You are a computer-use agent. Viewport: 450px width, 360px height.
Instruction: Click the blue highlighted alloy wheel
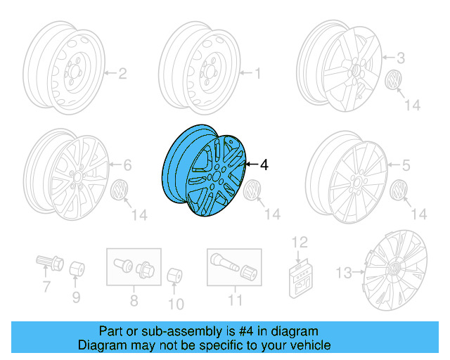coord(204,168)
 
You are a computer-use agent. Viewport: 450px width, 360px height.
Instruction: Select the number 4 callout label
coord(264,165)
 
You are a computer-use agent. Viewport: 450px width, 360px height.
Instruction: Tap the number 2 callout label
coord(121,72)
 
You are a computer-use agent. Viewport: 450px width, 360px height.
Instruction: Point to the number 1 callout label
coord(257,72)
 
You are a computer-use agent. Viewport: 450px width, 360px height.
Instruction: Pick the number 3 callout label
coord(401,58)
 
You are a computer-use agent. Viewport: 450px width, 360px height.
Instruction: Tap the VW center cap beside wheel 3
coord(393,79)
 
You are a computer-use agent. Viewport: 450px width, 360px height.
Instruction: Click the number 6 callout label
coord(127,166)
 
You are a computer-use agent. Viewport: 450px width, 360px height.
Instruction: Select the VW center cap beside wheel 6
coord(121,190)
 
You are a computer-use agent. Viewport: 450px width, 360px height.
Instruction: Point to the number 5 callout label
coord(405,166)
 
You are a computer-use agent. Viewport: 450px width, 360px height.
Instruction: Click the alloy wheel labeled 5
coord(347,179)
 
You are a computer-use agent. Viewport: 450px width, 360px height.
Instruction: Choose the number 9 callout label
coord(76,297)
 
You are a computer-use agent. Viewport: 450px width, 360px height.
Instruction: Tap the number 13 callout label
coord(344,272)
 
